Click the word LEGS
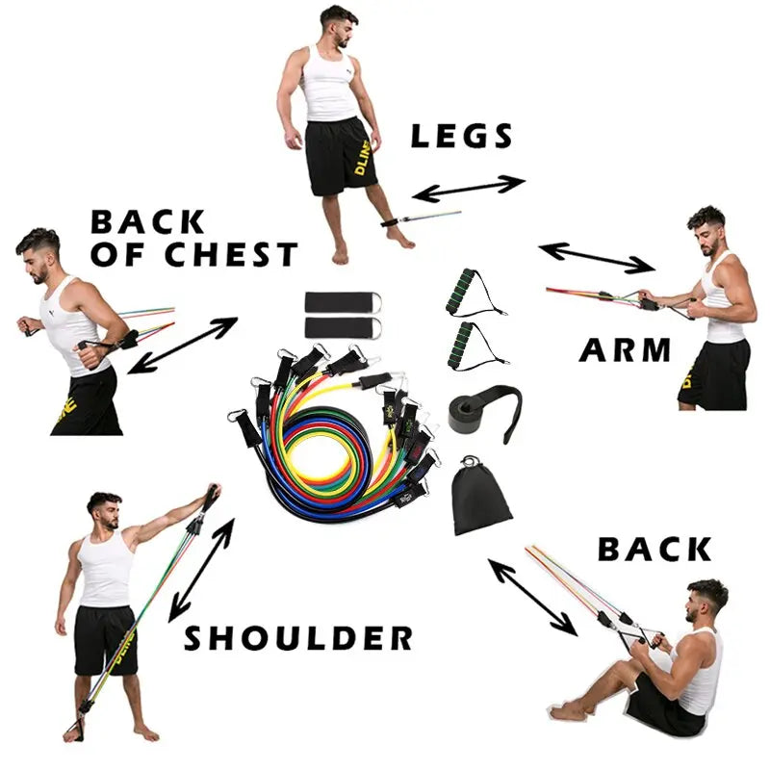(462, 136)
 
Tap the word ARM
(625, 350)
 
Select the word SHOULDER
(298, 638)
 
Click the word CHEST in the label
(231, 254)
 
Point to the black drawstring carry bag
(480, 500)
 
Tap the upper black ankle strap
(343, 302)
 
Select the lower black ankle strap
(343, 328)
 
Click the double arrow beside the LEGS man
(469, 189)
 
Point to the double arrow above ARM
(597, 258)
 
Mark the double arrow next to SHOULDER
(201, 570)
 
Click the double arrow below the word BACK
(532, 597)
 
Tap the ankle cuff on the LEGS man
(392, 222)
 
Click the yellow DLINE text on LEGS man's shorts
(363, 157)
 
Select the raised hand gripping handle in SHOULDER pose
(213, 493)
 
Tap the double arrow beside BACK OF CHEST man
(182, 346)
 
